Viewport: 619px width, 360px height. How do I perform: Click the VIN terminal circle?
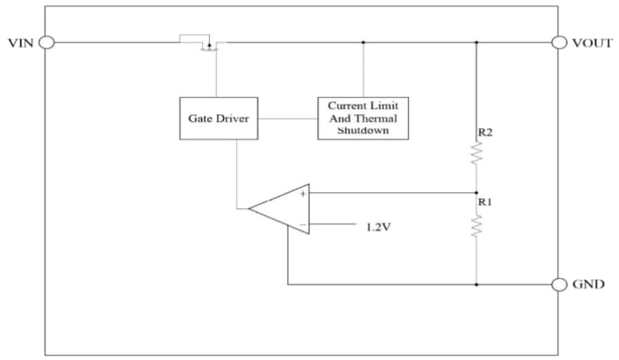tap(45, 42)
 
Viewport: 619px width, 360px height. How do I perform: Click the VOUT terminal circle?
tap(559, 42)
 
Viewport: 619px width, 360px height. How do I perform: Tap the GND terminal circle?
tap(559, 284)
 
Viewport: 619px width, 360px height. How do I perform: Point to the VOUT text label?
tap(592, 43)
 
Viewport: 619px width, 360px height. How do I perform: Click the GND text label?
tap(589, 285)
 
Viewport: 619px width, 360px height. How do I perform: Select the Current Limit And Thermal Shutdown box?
tap(362, 118)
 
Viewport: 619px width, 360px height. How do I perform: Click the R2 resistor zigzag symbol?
tap(477, 155)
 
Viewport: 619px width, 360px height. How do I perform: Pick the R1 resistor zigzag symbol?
tap(477, 225)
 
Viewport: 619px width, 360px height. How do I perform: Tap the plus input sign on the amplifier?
tap(302, 194)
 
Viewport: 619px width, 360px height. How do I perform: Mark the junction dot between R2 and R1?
tap(477, 191)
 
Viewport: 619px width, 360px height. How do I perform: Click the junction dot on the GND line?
tap(477, 284)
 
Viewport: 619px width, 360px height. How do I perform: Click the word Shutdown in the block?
tap(362, 130)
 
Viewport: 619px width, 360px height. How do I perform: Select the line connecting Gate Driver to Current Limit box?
tap(287, 119)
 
